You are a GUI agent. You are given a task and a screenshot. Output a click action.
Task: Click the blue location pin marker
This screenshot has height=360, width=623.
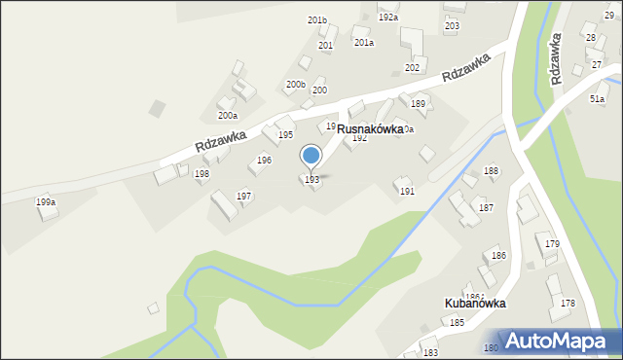[x=311, y=156]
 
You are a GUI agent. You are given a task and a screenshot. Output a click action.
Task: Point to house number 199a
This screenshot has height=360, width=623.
[x=46, y=201]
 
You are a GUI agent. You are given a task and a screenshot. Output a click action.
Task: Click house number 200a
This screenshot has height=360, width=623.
[x=227, y=115]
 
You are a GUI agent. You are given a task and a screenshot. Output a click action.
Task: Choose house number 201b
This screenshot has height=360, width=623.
[x=317, y=19]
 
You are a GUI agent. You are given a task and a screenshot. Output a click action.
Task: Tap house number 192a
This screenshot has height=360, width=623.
[x=388, y=18]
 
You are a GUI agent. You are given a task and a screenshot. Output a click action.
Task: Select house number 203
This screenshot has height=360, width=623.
[x=452, y=25]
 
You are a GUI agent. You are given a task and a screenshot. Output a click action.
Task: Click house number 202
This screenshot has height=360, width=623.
[x=412, y=67]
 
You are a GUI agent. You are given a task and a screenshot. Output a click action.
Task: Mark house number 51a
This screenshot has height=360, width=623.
[x=597, y=98]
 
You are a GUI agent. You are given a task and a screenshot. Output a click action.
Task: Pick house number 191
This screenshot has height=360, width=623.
[x=407, y=192]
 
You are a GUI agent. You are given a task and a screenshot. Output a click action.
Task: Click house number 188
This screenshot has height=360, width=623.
[x=492, y=170]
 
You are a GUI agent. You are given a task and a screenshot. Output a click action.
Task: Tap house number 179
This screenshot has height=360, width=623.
[x=553, y=243]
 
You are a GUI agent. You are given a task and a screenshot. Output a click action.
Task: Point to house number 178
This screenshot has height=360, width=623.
[x=568, y=304]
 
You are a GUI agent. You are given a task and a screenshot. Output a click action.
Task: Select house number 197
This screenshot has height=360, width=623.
[x=244, y=196]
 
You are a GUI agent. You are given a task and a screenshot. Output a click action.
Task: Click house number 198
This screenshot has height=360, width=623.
[x=202, y=173]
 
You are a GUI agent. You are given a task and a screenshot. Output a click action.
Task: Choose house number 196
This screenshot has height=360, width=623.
[x=264, y=160]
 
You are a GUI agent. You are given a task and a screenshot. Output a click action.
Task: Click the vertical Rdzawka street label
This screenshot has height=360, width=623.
[x=557, y=58]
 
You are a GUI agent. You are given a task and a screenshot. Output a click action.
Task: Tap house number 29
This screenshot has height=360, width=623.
[x=608, y=17]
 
